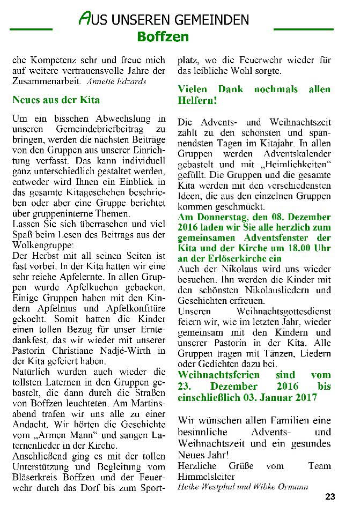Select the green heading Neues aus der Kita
[x=56, y=100]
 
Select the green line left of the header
[x=31, y=28]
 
